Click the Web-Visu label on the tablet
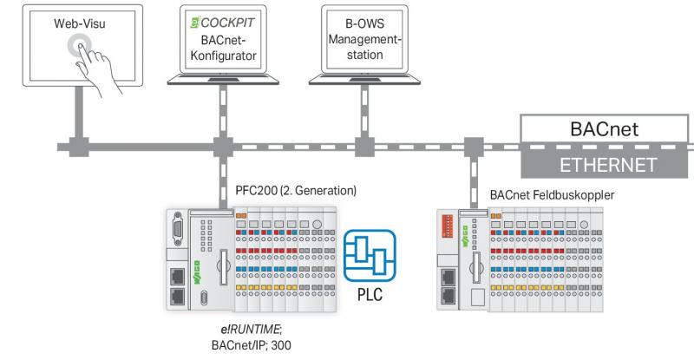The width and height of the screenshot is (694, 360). click(80, 23)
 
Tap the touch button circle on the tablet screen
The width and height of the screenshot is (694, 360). click(80, 46)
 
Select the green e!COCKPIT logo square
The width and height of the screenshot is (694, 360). click(195, 23)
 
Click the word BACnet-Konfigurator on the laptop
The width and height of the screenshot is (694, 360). click(223, 48)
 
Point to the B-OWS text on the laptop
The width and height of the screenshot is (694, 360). click(364, 23)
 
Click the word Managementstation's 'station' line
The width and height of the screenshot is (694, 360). click(364, 55)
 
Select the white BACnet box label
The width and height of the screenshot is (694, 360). click(604, 129)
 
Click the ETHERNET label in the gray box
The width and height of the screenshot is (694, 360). click(608, 165)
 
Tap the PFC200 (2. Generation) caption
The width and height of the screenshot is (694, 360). click(296, 190)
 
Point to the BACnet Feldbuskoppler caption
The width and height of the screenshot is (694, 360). click(552, 195)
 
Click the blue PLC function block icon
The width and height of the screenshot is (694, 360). click(370, 256)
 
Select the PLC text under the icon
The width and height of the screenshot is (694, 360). click(370, 294)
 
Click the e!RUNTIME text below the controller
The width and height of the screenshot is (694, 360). click(251, 330)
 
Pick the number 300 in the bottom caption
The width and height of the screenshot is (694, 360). click(281, 345)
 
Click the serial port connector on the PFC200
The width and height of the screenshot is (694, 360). click(178, 228)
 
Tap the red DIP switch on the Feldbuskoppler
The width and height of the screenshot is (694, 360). click(448, 226)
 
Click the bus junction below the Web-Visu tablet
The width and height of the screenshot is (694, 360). click(79, 147)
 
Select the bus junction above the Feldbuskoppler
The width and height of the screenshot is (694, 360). click(474, 147)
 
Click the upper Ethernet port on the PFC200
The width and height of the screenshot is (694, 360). click(178, 277)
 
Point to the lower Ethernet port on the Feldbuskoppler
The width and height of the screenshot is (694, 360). click(448, 295)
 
